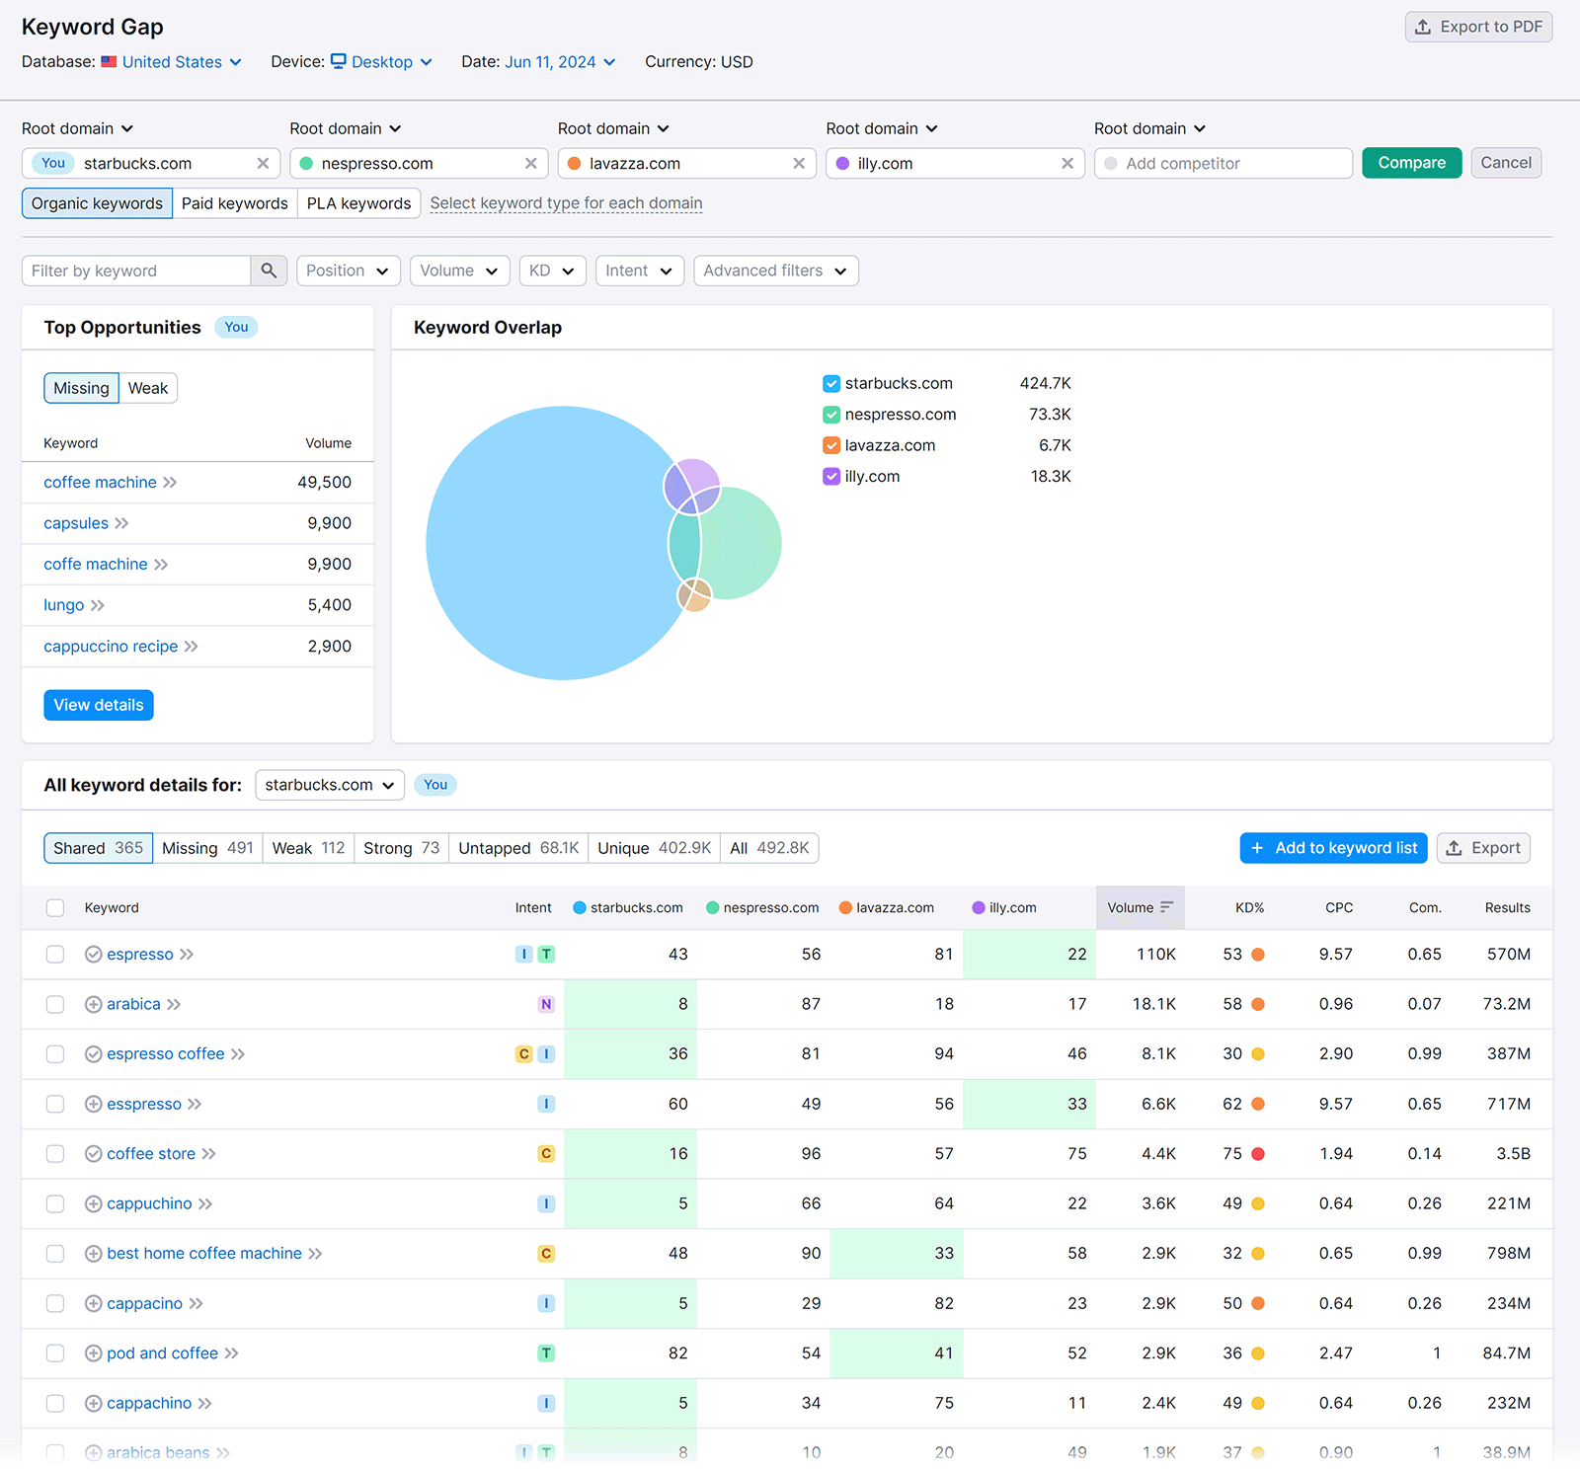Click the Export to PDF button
click(x=1478, y=27)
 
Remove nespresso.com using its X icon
click(x=530, y=164)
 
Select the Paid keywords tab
click(x=235, y=203)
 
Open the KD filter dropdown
click(x=552, y=271)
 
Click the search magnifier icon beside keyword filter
click(x=269, y=271)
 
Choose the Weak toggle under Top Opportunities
click(x=148, y=388)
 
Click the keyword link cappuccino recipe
click(x=111, y=647)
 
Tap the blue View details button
click(x=99, y=705)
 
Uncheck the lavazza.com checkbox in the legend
click(x=831, y=445)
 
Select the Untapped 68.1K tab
click(x=518, y=848)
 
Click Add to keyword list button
click(x=1333, y=848)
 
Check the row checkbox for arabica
click(x=55, y=1004)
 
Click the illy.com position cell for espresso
click(x=1030, y=955)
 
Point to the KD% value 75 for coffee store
click(x=1232, y=1154)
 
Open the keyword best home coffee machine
click(x=204, y=1254)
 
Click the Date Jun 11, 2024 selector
click(x=559, y=62)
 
